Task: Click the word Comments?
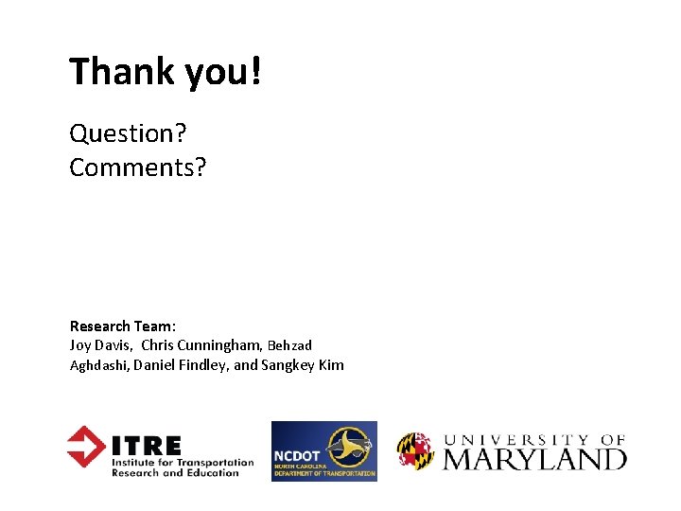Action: tap(137, 167)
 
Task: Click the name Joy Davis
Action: tap(99, 345)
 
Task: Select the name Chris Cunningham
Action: tap(201, 345)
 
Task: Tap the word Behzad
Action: tap(289, 345)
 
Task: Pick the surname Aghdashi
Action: tap(99, 365)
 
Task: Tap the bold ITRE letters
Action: tap(147, 444)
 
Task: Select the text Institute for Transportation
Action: tap(183, 463)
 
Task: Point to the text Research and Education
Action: tap(175, 473)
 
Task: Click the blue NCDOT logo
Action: tap(323, 451)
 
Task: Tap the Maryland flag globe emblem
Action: tap(415, 451)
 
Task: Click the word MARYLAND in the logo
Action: tap(534, 459)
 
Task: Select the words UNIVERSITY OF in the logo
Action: tap(534, 439)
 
